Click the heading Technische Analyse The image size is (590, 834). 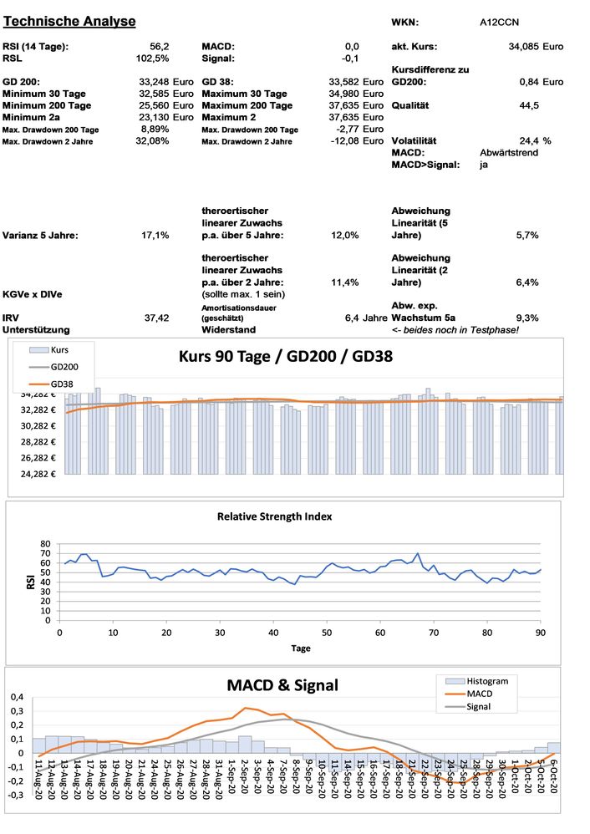[69, 21]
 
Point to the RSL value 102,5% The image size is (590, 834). [152, 58]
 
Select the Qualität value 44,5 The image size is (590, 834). [528, 105]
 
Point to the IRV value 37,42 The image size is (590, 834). [156, 318]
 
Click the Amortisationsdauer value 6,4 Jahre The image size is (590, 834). [365, 318]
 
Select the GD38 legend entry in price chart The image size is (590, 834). [64, 383]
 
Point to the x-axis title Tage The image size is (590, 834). [301, 648]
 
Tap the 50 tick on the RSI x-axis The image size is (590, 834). [327, 632]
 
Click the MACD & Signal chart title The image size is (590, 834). [282, 685]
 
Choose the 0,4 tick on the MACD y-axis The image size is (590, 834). [17, 697]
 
